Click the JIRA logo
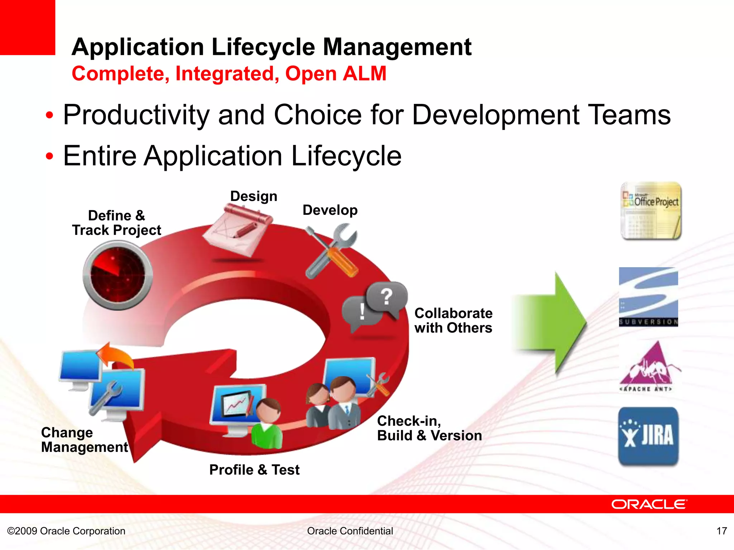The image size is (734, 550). tap(648, 436)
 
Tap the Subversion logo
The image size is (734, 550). tap(648, 297)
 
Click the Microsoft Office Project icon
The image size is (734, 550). tap(651, 211)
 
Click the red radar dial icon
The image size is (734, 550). tap(118, 275)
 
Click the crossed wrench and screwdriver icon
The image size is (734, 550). tap(332, 251)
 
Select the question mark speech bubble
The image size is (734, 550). tap(387, 297)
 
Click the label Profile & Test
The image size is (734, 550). tap(254, 470)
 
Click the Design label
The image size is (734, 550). tap(254, 196)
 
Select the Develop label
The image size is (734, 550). tap(330, 210)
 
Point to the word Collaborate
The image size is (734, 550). tap(453, 313)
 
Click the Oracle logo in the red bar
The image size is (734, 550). tap(649, 504)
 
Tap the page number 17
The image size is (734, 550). tap(721, 531)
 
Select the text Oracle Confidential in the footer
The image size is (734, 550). tap(350, 531)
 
